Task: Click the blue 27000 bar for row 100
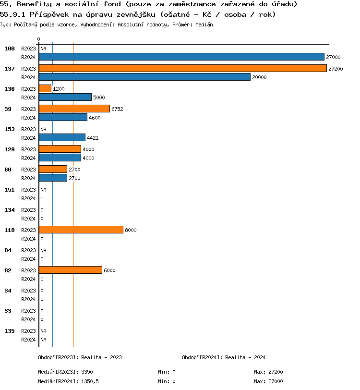point(181,57)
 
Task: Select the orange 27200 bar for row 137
point(182,68)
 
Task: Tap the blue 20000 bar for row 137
point(144,77)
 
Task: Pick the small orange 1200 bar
point(45,88)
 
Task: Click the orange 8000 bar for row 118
point(81,230)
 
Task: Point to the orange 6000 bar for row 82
point(70,270)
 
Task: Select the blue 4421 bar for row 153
point(62,137)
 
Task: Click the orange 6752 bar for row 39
point(74,109)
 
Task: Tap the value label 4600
point(95,118)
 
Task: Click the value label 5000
point(99,97)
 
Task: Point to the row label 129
point(10,149)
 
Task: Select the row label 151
point(10,190)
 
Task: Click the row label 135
point(10,331)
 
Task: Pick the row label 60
point(8,170)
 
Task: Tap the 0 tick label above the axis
point(39,39)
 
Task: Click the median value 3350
point(87,372)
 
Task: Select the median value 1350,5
point(90,381)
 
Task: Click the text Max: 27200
point(268,372)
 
